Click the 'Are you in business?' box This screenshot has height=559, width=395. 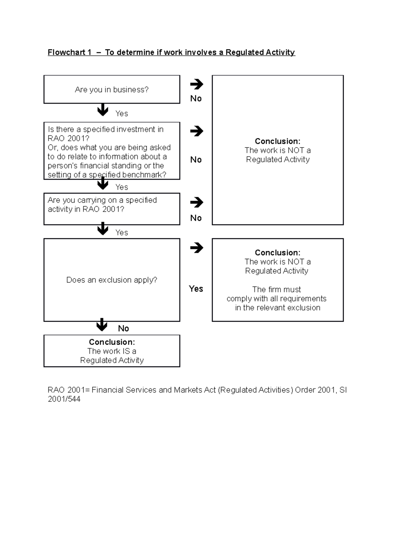pyautogui.click(x=112, y=90)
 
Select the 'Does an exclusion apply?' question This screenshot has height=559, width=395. pyautogui.click(x=112, y=280)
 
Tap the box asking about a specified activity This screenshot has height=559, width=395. pyautogui.click(x=112, y=209)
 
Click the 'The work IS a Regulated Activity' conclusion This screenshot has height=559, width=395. pyautogui.click(x=112, y=351)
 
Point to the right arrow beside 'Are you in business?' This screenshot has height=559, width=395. pyautogui.click(x=197, y=84)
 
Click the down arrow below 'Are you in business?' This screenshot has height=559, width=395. pyautogui.click(x=103, y=110)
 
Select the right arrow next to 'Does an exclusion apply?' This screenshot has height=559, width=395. pyautogui.click(x=197, y=248)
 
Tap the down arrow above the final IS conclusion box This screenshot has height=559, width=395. pyautogui.click(x=102, y=325)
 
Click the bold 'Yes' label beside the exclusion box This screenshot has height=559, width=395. pyautogui.click(x=196, y=289)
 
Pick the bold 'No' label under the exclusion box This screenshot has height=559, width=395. pyautogui.click(x=123, y=328)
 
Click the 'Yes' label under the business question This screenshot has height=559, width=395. pyautogui.click(x=121, y=114)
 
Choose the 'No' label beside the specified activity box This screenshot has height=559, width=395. pyautogui.click(x=196, y=218)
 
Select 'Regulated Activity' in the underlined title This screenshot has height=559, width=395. pyautogui.click(x=260, y=52)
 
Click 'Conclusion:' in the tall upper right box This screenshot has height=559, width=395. pyautogui.click(x=277, y=141)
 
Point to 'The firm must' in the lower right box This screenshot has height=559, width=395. pyautogui.click(x=276, y=289)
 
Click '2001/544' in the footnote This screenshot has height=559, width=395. pyautogui.click(x=64, y=399)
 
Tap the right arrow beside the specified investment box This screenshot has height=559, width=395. pyautogui.click(x=197, y=131)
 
